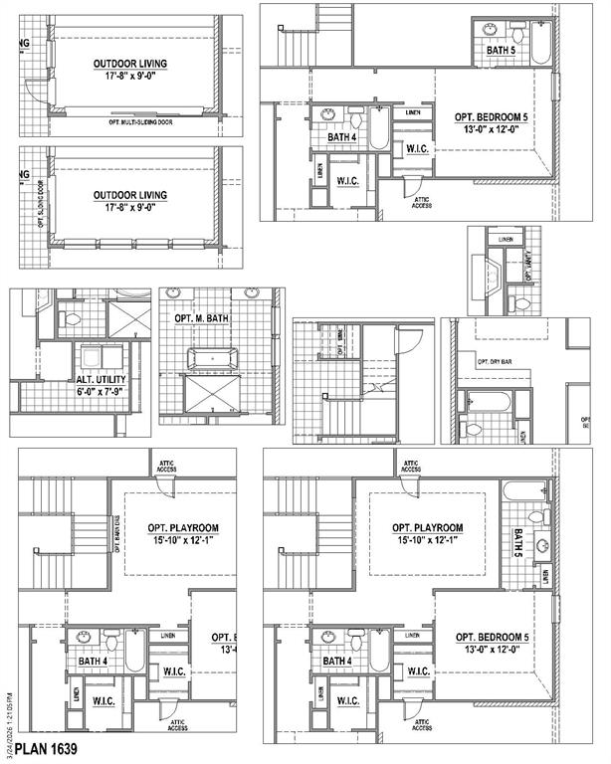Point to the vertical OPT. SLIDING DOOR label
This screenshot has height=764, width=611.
[x=41, y=205]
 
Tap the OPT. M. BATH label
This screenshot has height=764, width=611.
[x=203, y=317]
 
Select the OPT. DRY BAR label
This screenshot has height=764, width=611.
[x=495, y=362]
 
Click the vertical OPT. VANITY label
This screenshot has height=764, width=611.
[x=527, y=267]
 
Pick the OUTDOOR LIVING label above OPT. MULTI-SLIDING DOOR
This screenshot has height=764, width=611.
[x=130, y=64]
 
